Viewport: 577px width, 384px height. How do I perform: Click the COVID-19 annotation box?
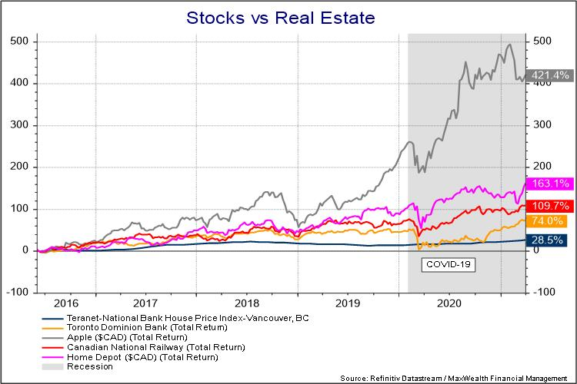(x=449, y=265)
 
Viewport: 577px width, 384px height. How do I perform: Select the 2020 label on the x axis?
(x=449, y=303)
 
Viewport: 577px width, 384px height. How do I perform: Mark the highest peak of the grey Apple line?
(x=509, y=45)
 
